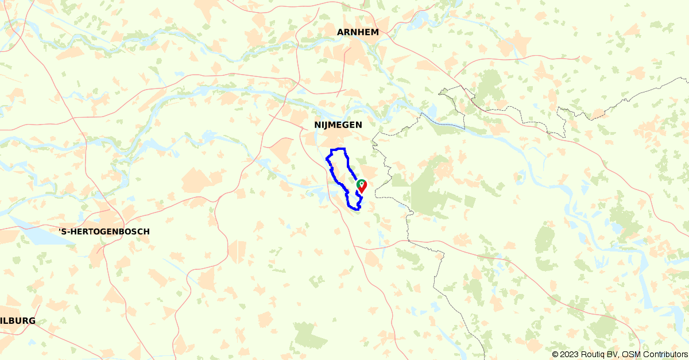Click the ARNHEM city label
click(x=358, y=32)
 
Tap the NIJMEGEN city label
click(x=338, y=125)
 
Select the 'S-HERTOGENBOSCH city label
click(x=104, y=231)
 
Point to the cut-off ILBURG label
click(x=18, y=321)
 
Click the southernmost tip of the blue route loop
click(x=355, y=210)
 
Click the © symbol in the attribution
click(x=556, y=354)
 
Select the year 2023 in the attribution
click(x=570, y=354)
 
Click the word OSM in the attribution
click(x=632, y=354)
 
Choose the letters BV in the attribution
click(x=615, y=354)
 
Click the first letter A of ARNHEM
click(x=340, y=32)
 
